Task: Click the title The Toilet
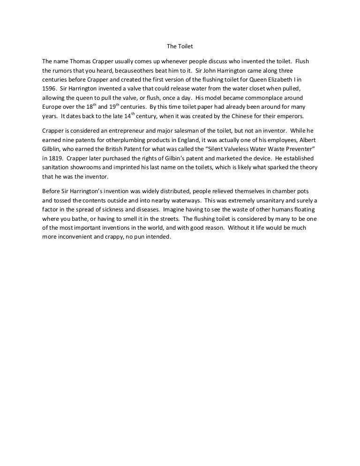[x=180, y=46]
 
